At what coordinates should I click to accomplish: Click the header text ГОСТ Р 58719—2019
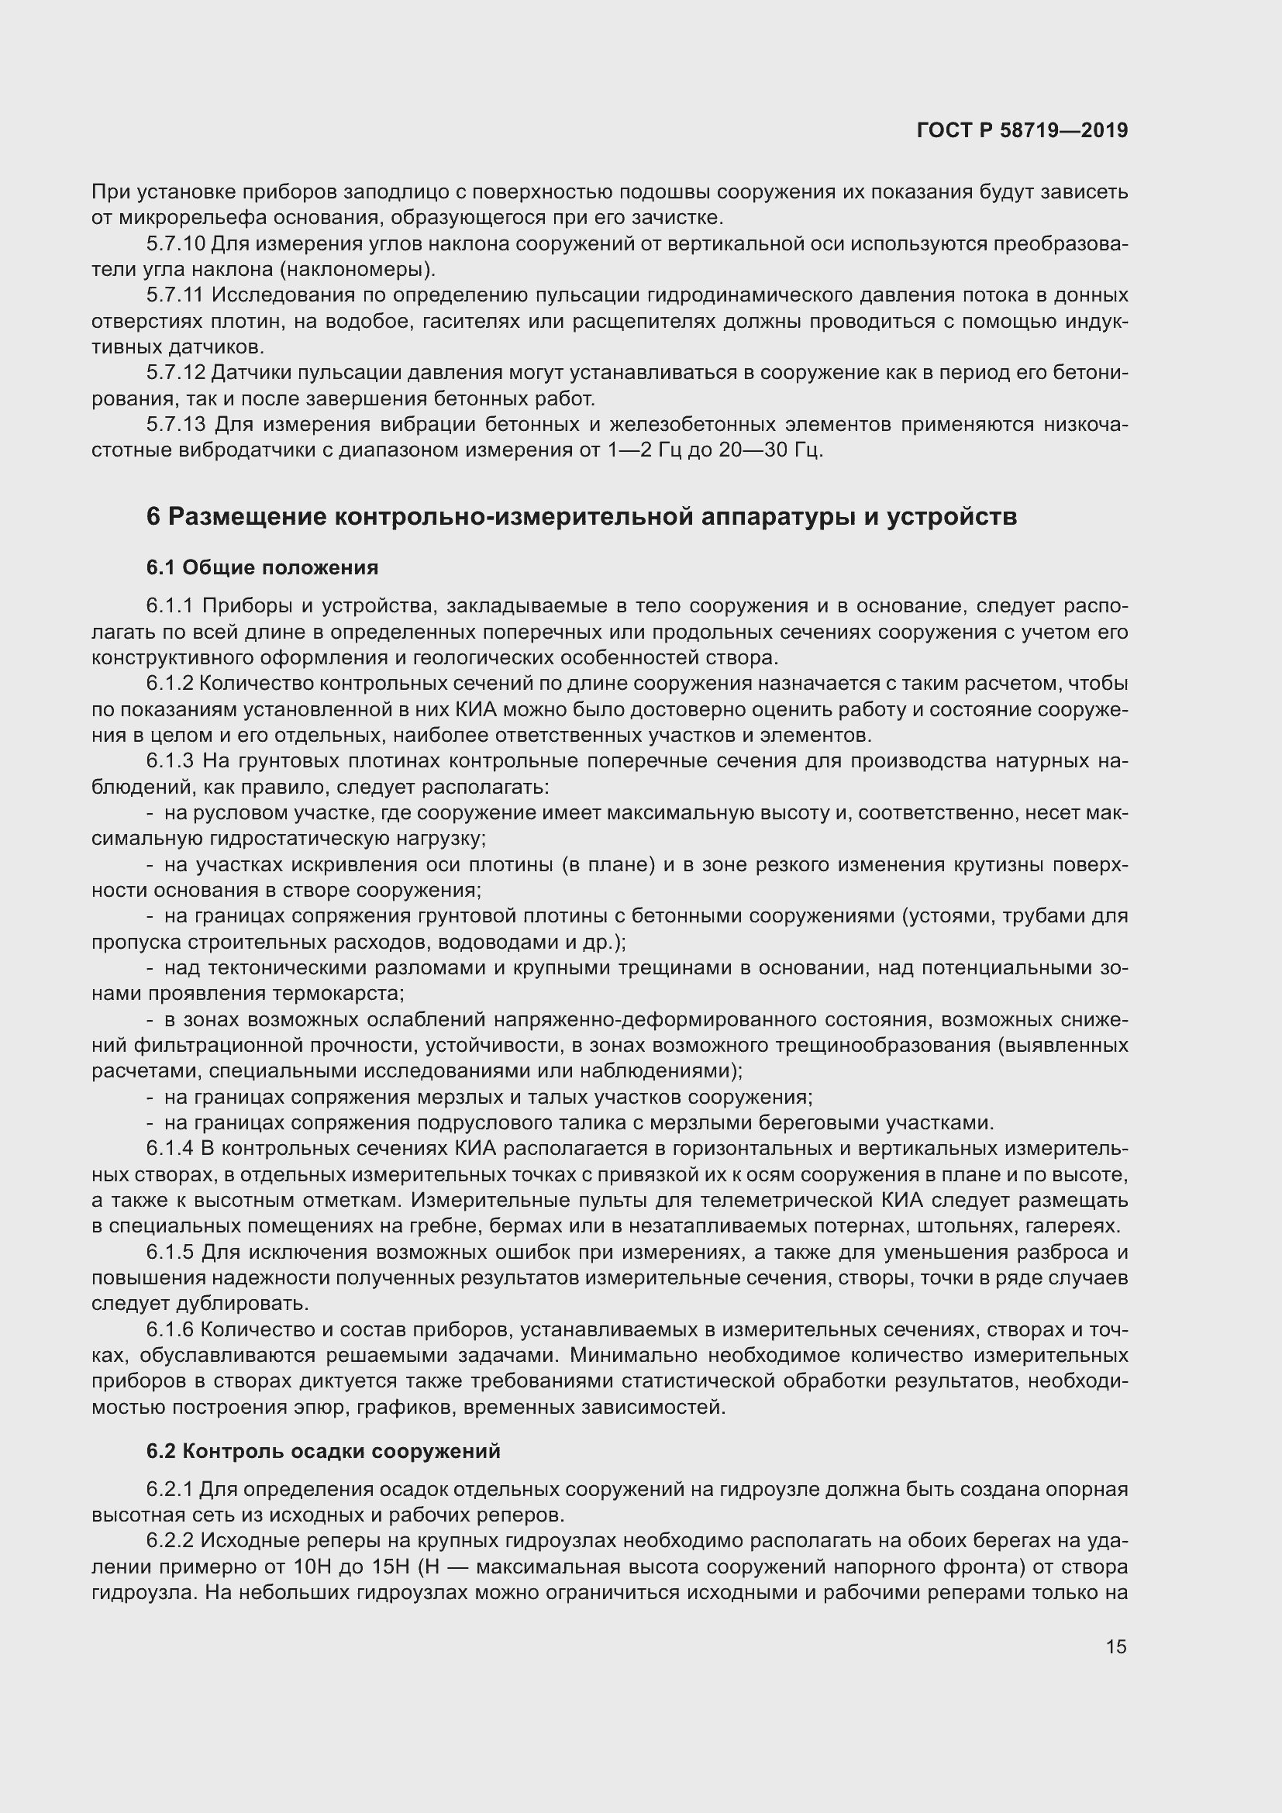point(1022,130)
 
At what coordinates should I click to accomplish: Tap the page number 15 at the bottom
point(1115,1646)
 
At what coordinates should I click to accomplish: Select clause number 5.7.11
point(175,295)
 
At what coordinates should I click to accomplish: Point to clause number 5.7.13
point(175,425)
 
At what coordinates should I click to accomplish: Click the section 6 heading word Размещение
point(248,517)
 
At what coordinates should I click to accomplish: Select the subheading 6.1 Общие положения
point(262,567)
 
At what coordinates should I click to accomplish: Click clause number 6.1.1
point(170,606)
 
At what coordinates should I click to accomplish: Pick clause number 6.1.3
point(170,761)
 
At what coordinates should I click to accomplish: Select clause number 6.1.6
point(170,1330)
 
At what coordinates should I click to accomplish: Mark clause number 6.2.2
point(170,1542)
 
